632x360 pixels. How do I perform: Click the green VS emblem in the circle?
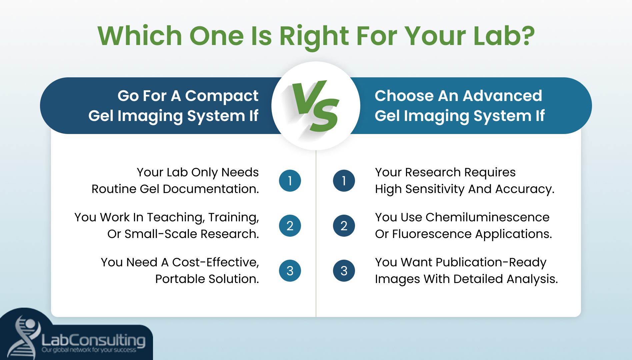[x=315, y=106]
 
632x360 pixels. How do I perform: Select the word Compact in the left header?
[x=222, y=96]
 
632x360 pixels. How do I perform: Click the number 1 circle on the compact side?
[x=290, y=181]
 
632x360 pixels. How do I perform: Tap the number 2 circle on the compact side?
[x=290, y=226]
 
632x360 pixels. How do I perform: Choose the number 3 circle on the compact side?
[x=290, y=271]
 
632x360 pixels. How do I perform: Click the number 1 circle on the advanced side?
[x=344, y=181]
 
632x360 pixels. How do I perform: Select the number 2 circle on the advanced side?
[x=344, y=226]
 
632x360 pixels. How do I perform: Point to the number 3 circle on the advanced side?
[x=344, y=271]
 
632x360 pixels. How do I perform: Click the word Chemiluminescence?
[x=487, y=217]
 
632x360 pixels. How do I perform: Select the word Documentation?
[x=211, y=189]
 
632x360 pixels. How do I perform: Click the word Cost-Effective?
[x=215, y=262]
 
